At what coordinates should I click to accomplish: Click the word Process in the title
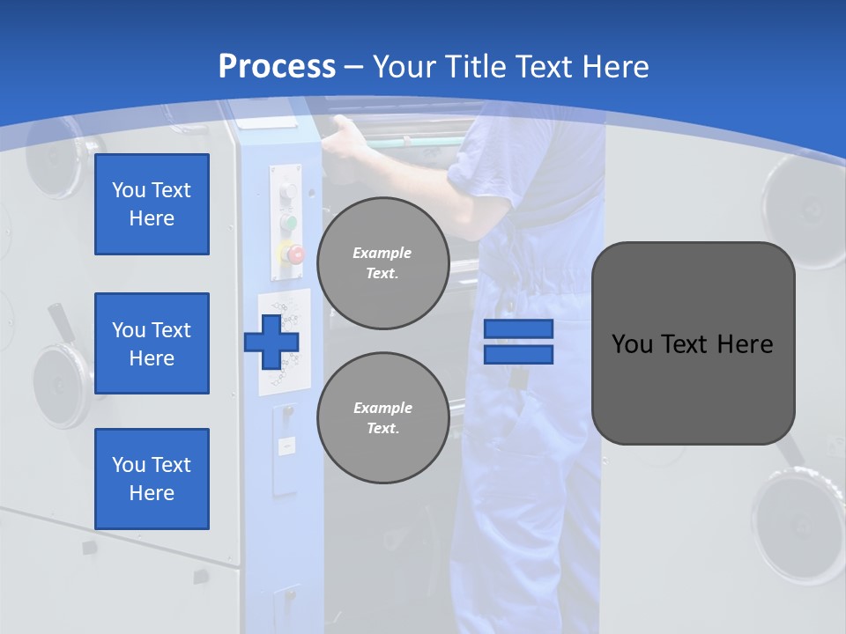(x=277, y=67)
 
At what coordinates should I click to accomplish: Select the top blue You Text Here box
(x=152, y=204)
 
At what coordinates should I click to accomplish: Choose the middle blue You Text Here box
(x=152, y=343)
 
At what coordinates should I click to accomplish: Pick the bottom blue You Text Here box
(x=152, y=479)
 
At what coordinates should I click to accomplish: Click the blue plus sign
(x=271, y=341)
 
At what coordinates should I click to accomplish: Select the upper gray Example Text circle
(x=382, y=262)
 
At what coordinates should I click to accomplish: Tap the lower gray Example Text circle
(x=382, y=417)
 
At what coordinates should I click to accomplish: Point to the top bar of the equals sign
(x=518, y=328)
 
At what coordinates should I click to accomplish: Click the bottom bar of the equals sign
(x=518, y=354)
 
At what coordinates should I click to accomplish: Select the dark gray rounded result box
(x=693, y=343)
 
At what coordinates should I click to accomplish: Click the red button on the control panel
(x=293, y=254)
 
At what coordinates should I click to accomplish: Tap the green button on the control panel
(x=288, y=222)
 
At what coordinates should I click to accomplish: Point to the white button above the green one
(x=287, y=192)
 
